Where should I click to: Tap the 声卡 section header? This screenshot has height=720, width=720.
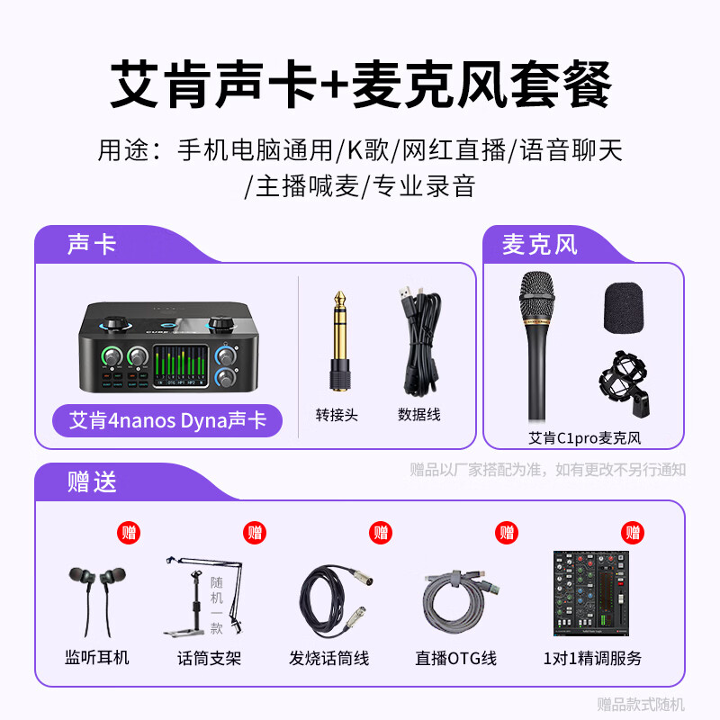click(x=92, y=244)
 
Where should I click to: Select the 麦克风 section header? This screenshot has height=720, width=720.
click(x=540, y=244)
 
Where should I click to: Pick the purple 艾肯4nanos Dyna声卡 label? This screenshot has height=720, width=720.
click(x=167, y=420)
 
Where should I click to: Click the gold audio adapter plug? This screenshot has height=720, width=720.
click(x=339, y=337)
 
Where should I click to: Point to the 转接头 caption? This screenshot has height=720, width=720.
click(x=337, y=415)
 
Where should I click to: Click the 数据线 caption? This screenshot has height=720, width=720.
click(x=419, y=415)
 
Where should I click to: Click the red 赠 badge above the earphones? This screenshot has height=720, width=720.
click(x=130, y=532)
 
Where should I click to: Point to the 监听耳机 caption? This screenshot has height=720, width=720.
click(x=97, y=658)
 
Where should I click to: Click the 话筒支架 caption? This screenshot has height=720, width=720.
click(x=210, y=658)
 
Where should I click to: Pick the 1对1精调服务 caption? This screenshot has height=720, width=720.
click(x=593, y=658)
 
